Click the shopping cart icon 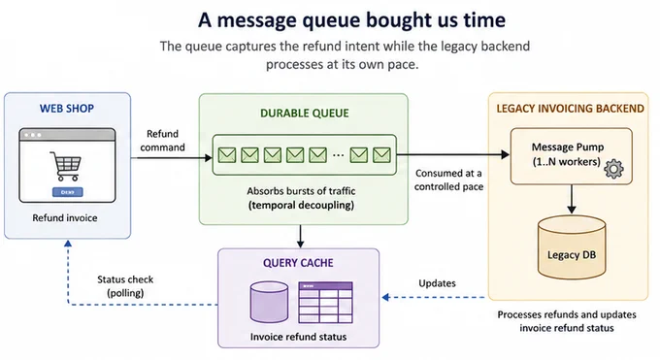coord(66,166)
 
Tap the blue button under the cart coord(67,192)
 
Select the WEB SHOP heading coord(67,109)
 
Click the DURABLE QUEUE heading coord(305,114)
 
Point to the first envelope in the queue coord(227,155)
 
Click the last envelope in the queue coord(381,155)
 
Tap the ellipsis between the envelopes coord(338,155)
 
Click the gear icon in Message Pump coord(613,169)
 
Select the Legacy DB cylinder coord(572,247)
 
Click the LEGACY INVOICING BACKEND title coord(571,109)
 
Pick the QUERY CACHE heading coord(298,263)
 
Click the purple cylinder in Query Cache coord(270,303)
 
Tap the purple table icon coord(325,303)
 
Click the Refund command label coord(162,141)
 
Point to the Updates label coord(437,283)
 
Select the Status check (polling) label coord(125,286)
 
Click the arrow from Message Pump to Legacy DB coord(571,199)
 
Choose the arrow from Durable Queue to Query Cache coord(300,236)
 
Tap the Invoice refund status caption coord(298,337)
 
